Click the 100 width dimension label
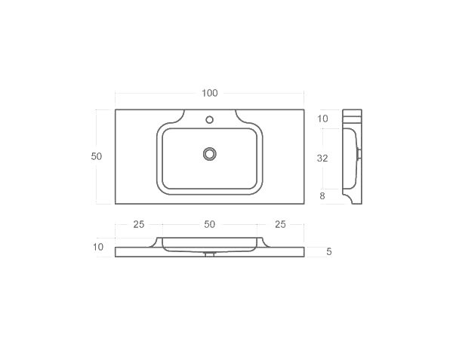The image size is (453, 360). pyautogui.click(x=209, y=93)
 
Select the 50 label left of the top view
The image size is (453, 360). pyautogui.click(x=96, y=156)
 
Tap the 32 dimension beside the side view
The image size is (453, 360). pyautogui.click(x=322, y=158)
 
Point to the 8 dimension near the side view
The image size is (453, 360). pyautogui.click(x=322, y=196)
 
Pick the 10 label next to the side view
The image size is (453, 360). pyautogui.click(x=322, y=118)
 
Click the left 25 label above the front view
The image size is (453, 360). pyautogui.click(x=139, y=224)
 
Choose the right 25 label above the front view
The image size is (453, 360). pyautogui.click(x=280, y=224)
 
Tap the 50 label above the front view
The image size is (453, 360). pyautogui.click(x=209, y=224)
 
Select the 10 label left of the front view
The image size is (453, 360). pyautogui.click(x=98, y=247)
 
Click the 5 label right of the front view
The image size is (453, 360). pyautogui.click(x=329, y=251)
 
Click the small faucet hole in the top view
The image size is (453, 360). pyautogui.click(x=209, y=118)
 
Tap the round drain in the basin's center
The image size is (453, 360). pyautogui.click(x=210, y=153)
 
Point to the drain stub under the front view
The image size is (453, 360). pyautogui.click(x=210, y=254)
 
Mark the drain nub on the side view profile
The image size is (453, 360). pyautogui.click(x=359, y=153)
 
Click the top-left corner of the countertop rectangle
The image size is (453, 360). pyautogui.click(x=116, y=110)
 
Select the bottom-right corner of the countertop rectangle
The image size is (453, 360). pyautogui.click(x=304, y=203)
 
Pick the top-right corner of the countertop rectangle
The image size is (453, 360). pyautogui.click(x=304, y=110)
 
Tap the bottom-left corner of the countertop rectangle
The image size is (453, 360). pyautogui.click(x=116, y=203)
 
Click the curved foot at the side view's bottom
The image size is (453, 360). pyautogui.click(x=350, y=198)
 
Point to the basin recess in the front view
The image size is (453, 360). pyautogui.click(x=210, y=243)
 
